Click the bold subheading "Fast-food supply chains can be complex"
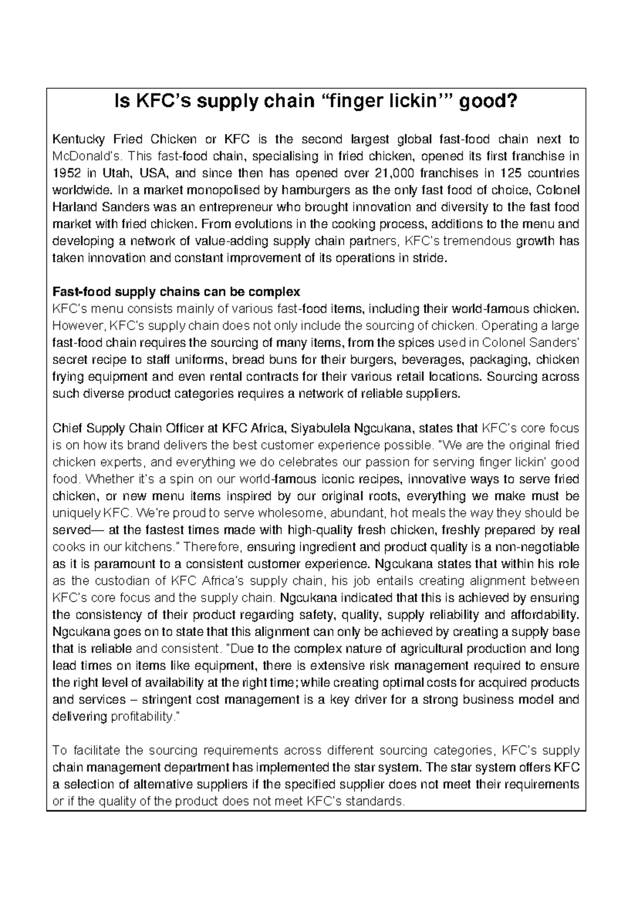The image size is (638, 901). coord(176,292)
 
